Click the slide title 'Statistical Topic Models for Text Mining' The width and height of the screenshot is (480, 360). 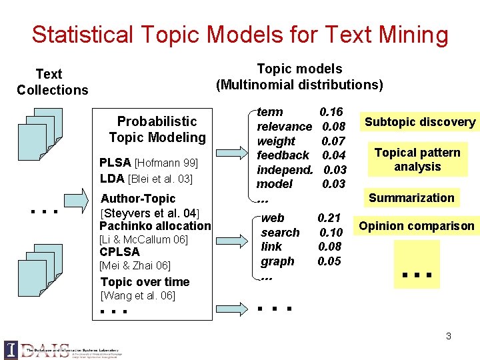pos(240,34)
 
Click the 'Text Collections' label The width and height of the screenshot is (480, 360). pos(52,82)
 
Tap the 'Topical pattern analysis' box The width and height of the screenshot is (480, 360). pos(417,159)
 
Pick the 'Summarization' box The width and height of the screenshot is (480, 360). pos(411,197)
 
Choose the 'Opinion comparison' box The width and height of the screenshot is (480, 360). pos(417,226)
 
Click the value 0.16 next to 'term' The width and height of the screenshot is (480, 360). pos(331,112)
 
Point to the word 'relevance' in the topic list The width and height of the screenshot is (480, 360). pos(284,127)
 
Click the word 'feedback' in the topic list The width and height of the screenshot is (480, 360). pos(283,155)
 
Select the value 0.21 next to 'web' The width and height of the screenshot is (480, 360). pos(329,218)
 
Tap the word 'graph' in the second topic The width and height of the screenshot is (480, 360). pos(277,261)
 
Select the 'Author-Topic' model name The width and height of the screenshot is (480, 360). pos(138,199)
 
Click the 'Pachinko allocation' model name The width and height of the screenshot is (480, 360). pos(155,227)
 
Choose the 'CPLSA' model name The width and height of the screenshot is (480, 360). pos(119,252)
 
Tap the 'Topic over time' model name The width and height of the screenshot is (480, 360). pos(145,282)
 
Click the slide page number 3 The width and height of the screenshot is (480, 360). pos(449,336)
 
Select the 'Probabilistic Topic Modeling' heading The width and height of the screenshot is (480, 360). pos(157,129)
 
